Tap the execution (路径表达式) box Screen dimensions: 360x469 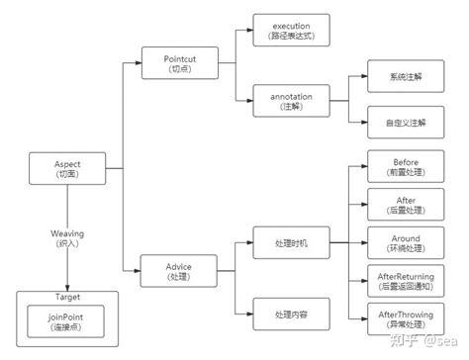[x=291, y=29]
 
